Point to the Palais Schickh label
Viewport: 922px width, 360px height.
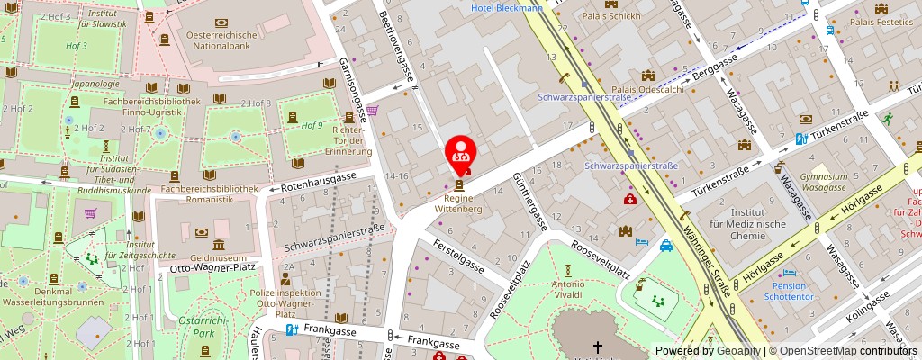coord(611,15)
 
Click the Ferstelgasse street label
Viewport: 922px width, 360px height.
coord(459,256)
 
